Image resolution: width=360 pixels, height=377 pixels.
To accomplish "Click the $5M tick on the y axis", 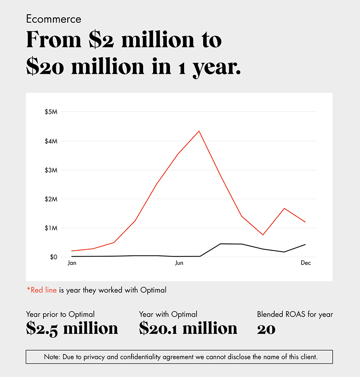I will (x=51, y=112).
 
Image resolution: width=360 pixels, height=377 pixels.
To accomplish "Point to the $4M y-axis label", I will (x=51, y=141).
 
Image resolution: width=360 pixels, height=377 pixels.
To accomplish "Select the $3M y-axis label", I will (x=51, y=170).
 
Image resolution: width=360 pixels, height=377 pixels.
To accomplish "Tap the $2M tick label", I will (x=51, y=199).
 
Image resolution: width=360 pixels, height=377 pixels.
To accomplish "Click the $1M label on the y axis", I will (x=51, y=228).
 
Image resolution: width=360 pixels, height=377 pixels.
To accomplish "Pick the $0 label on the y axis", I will (x=53, y=257).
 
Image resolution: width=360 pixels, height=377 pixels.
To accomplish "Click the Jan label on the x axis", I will (x=72, y=263).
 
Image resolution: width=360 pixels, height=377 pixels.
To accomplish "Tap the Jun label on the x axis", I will (x=179, y=263).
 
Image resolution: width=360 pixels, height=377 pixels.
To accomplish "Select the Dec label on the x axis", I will (x=305, y=263).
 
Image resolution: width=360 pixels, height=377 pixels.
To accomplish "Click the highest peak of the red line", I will (x=199, y=131).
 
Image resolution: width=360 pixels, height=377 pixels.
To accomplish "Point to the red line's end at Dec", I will (x=305, y=222).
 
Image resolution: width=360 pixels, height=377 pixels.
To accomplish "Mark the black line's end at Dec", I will (x=305, y=244).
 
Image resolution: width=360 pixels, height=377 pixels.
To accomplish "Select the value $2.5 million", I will (x=72, y=328).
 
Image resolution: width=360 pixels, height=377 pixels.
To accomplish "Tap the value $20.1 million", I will (x=188, y=328).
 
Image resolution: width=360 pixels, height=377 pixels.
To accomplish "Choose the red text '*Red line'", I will (x=42, y=290).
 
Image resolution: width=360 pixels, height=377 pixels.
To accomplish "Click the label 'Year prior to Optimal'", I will (x=60, y=314).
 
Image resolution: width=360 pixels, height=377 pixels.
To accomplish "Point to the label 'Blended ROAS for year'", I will (x=295, y=314).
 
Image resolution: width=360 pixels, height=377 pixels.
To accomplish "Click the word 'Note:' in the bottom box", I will (x=52, y=357).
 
